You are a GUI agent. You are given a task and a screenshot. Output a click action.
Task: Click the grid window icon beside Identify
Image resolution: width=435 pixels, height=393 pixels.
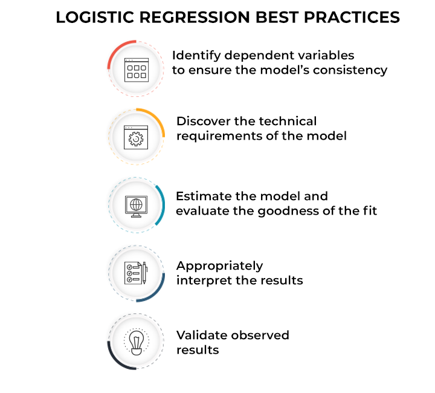tap(136, 70)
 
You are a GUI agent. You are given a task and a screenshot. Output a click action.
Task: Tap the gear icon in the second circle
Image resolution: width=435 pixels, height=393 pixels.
tap(136, 137)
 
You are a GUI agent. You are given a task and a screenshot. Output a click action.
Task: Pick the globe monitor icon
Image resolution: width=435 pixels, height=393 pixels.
tap(136, 206)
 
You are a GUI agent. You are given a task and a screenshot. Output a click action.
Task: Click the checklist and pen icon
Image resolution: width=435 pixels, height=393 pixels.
tap(136, 273)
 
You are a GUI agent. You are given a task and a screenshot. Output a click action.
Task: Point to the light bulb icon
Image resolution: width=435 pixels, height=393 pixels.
tap(136, 342)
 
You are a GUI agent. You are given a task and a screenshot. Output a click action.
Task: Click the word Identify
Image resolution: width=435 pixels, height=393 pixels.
tap(193, 56)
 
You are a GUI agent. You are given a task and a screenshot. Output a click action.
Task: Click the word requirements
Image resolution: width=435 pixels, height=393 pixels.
tap(217, 136)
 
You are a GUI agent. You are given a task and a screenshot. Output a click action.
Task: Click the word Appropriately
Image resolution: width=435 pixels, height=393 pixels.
tap(219, 266)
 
